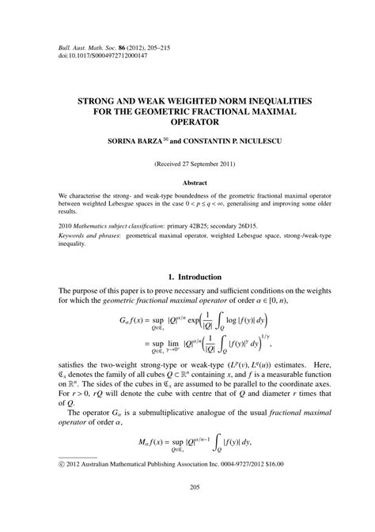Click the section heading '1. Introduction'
(187, 276)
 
